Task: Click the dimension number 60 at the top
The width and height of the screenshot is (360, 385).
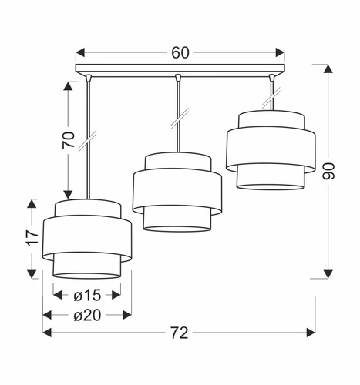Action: coord(180,53)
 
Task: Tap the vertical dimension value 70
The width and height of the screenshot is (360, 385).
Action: coord(69,139)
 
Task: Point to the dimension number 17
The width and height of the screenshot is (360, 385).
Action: coord(31,239)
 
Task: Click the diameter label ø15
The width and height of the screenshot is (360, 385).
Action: coord(87,294)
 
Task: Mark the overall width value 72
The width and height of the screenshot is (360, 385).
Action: coord(179,333)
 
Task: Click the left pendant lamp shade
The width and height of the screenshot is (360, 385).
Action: coord(87,238)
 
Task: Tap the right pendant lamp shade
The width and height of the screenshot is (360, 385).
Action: coord(270,149)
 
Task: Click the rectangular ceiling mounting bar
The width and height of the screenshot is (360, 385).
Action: coord(180,72)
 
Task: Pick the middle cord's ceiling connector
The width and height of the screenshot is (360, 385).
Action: coord(178,78)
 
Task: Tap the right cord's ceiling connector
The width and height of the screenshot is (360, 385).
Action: coord(271,78)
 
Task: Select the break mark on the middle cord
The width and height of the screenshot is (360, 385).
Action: coord(178,122)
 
